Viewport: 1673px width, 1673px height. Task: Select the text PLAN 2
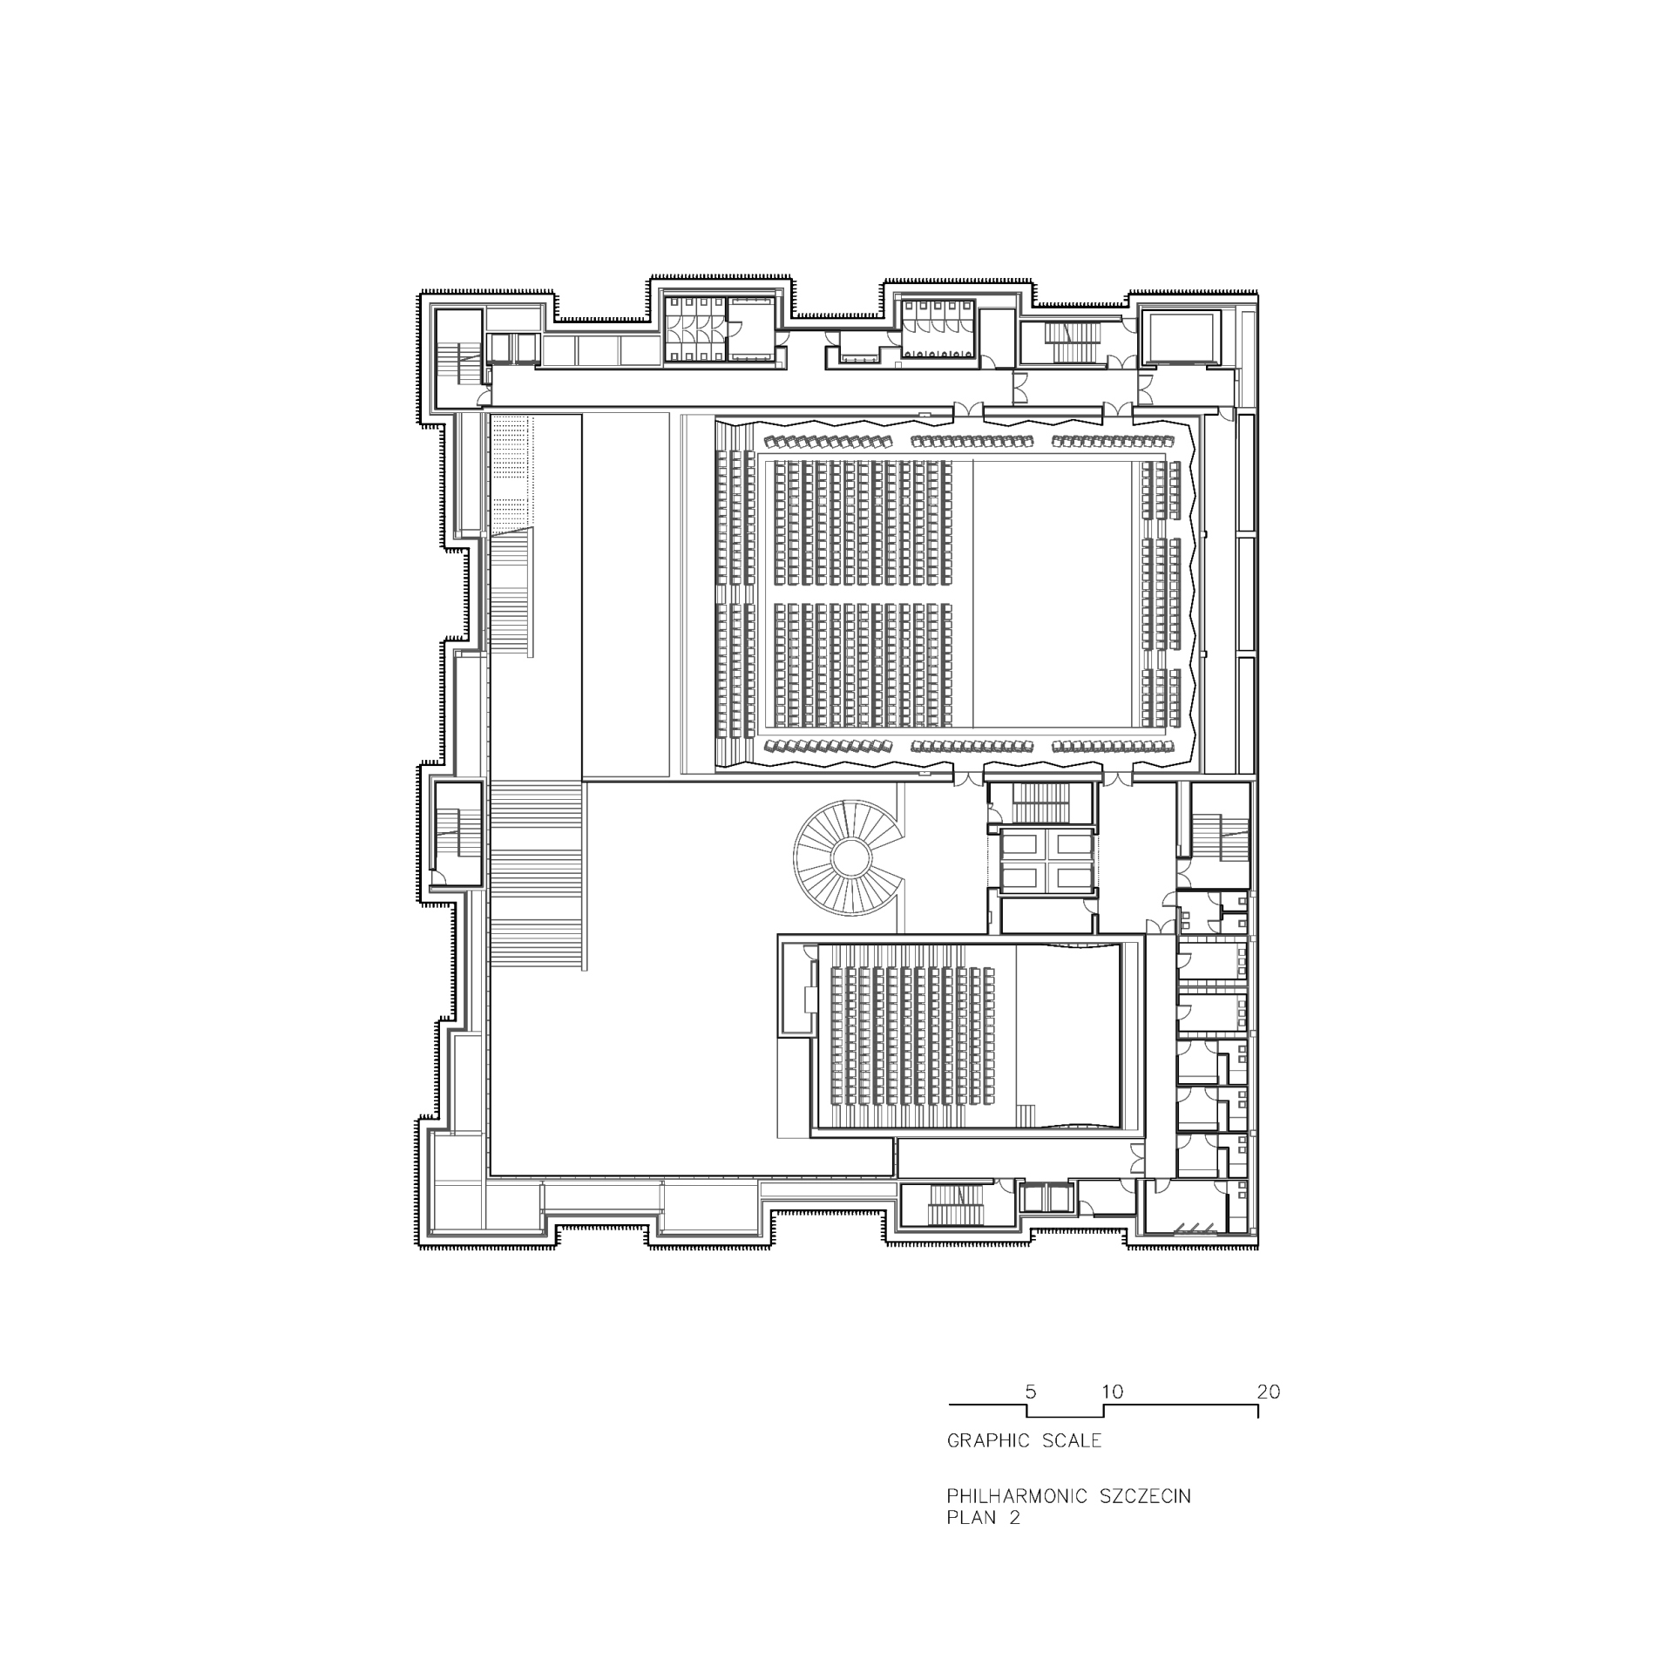pos(983,1542)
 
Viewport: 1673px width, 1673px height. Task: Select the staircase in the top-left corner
pos(459,359)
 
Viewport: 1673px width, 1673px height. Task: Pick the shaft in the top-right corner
pos(1181,337)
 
